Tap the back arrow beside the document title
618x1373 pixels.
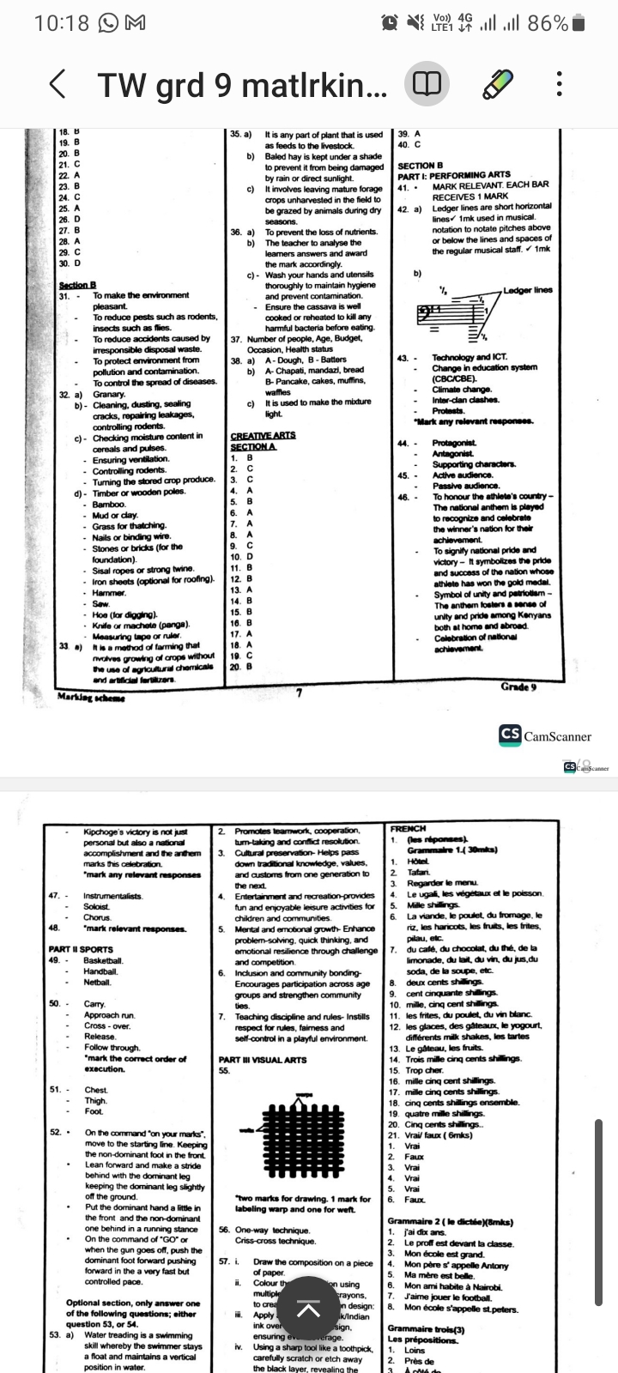pyautogui.click(x=57, y=84)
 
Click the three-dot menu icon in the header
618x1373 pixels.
pyautogui.click(x=559, y=84)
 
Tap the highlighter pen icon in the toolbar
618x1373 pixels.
pyautogui.click(x=498, y=84)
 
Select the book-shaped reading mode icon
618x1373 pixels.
pyautogui.click(x=427, y=84)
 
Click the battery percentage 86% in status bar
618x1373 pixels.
pyautogui.click(x=548, y=23)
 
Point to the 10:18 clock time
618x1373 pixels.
pyautogui.click(x=61, y=23)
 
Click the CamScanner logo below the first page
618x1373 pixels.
pyautogui.click(x=545, y=735)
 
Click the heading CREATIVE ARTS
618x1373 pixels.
pyautogui.click(x=263, y=436)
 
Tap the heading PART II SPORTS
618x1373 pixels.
pyautogui.click(x=81, y=950)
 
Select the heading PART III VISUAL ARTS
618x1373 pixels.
pyautogui.click(x=262, y=1060)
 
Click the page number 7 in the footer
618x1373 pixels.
pyautogui.click(x=298, y=692)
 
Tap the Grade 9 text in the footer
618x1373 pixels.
pyautogui.click(x=518, y=686)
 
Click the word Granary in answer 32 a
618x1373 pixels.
pyautogui.click(x=109, y=394)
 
